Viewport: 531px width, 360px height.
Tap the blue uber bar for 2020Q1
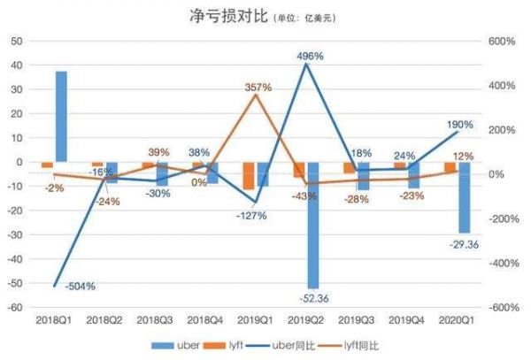[464, 197]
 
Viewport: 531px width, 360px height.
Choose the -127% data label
[251, 216]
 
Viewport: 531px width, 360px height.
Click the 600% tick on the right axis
[502, 41]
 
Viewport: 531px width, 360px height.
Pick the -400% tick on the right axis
[502, 263]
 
